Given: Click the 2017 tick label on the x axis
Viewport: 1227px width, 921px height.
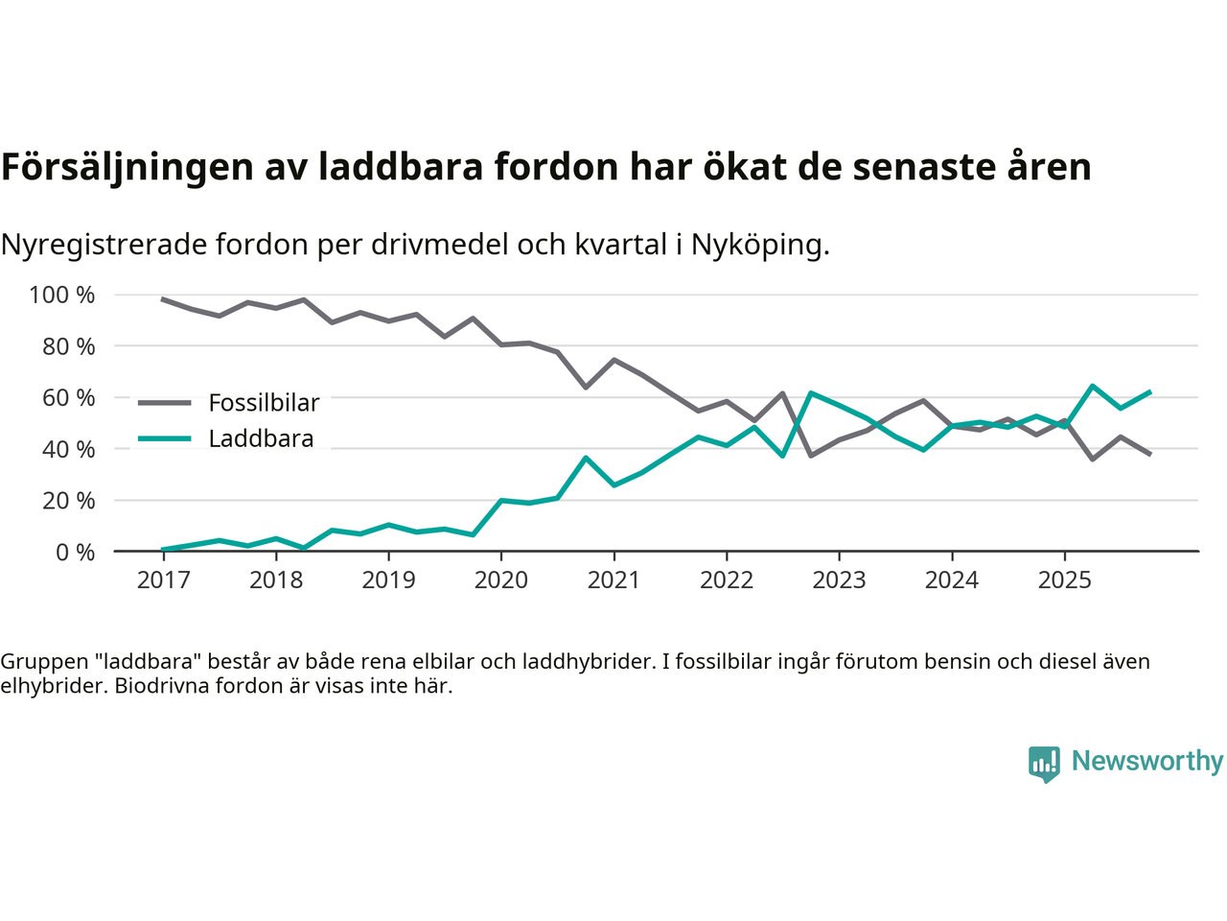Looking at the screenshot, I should click(x=163, y=580).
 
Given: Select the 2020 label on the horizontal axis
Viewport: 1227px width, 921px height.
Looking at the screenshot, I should click(x=501, y=580).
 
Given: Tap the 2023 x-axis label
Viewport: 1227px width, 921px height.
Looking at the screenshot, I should click(x=839, y=580).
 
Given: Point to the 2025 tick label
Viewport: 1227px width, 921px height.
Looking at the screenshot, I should click(x=1064, y=580).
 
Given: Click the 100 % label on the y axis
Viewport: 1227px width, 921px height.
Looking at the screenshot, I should click(x=62, y=295).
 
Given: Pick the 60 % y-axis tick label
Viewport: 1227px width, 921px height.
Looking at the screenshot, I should click(x=68, y=398).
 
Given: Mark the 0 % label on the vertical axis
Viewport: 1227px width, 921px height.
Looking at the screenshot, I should click(x=75, y=553).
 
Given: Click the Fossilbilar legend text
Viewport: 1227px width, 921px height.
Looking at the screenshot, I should click(x=264, y=403).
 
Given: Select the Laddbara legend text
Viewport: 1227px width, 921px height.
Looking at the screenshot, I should click(x=261, y=439).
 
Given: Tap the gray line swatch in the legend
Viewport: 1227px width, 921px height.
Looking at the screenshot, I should click(x=165, y=403).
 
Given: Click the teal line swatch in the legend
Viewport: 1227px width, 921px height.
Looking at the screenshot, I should click(x=165, y=439).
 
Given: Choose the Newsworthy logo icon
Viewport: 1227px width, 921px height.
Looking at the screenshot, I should click(x=1044, y=764).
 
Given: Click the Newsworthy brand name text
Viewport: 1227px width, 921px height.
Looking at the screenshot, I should click(x=1146, y=762).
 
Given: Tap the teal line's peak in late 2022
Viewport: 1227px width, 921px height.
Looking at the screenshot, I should click(x=811, y=393).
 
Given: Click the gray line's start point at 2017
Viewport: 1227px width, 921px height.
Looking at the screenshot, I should click(x=163, y=299).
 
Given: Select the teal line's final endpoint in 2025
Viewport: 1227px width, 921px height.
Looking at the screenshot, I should click(x=1149, y=392).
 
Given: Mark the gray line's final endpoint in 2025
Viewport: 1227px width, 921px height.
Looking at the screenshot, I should click(x=1149, y=454).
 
